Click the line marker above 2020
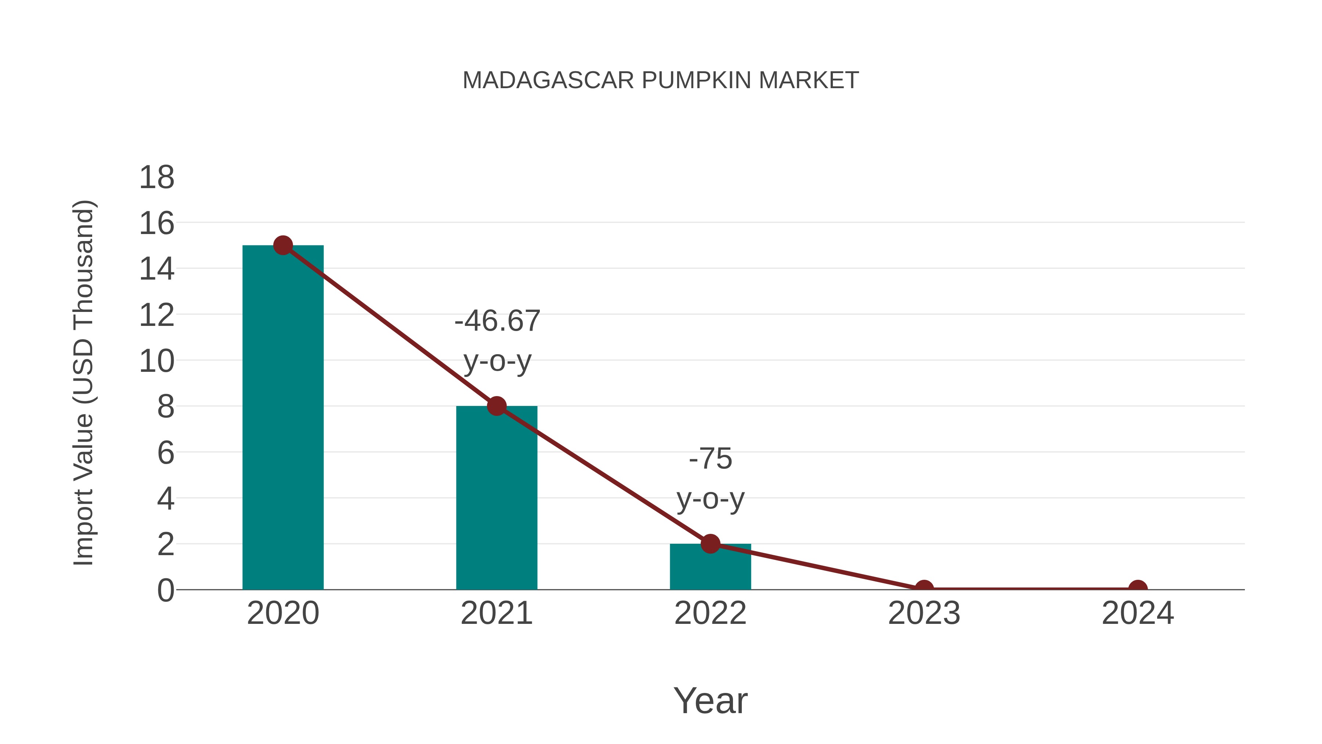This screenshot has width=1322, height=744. (x=283, y=245)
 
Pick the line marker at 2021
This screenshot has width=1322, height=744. (x=496, y=406)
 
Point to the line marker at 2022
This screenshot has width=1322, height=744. (x=710, y=543)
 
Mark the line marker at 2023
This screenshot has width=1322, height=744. (x=924, y=588)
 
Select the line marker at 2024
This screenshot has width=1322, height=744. (x=1138, y=588)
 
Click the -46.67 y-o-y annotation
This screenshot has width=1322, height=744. (x=497, y=341)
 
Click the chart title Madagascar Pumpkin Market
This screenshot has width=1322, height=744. (x=661, y=80)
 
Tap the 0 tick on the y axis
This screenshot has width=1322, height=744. (x=165, y=590)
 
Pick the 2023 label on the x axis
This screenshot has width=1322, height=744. (x=924, y=613)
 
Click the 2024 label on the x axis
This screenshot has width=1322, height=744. (x=1138, y=613)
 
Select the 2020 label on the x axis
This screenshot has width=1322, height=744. (x=283, y=613)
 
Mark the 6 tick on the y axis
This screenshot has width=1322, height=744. (x=165, y=453)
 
